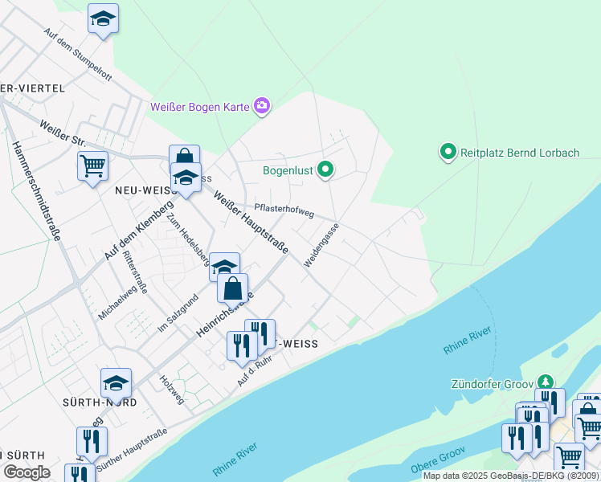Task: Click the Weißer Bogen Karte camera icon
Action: [262, 106]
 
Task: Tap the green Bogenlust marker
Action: [325, 170]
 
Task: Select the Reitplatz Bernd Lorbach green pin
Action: [448, 151]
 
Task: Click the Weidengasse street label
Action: [321, 245]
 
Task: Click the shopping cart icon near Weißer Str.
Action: [92, 165]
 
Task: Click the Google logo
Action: [27, 472]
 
